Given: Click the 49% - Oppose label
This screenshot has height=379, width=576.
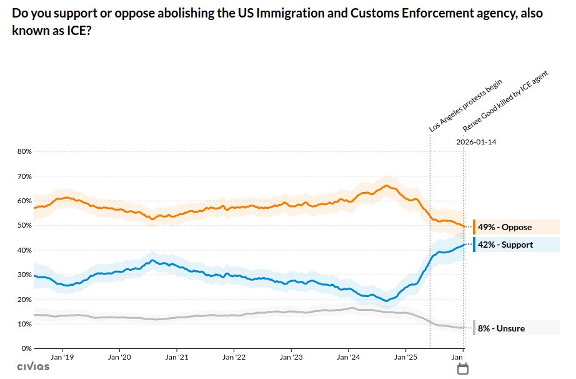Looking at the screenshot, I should [504, 227].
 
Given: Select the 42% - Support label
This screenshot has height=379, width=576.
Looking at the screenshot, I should [505, 245].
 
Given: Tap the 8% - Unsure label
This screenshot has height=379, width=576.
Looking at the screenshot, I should [501, 328].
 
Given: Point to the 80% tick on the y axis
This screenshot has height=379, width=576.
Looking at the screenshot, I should [24, 151].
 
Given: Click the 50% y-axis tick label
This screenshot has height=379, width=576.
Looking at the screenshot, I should [24, 225].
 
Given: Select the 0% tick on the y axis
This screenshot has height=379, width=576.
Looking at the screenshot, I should [26, 348].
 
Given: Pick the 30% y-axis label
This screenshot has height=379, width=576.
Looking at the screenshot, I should [24, 275].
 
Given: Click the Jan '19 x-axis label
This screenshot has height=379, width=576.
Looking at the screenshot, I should [62, 357].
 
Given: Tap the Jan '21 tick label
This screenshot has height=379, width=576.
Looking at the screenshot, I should [177, 357].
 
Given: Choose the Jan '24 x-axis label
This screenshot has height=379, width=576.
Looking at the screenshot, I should [348, 357].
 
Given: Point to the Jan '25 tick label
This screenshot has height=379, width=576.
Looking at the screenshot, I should [405, 357].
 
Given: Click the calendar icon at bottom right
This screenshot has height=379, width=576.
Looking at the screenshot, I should [463, 369].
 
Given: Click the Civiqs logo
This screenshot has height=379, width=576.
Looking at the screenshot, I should [33, 366].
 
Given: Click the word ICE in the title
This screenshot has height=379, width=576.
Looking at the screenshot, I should [77, 30].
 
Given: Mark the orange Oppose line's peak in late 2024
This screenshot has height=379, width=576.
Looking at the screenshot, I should [387, 185].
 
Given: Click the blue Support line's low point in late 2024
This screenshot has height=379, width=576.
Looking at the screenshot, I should [386, 301].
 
